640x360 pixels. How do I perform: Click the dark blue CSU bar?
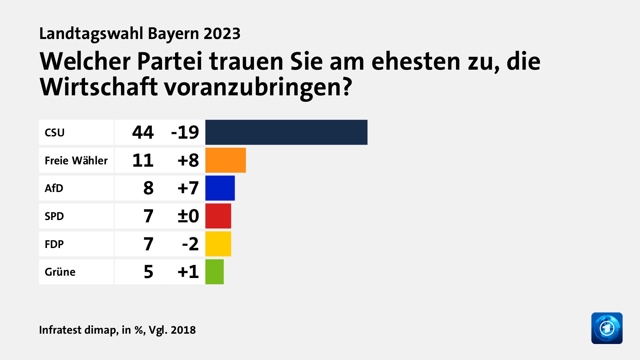(x=286, y=132)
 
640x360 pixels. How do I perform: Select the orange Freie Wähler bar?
(x=225, y=160)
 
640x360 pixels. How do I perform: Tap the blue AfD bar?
(x=220, y=188)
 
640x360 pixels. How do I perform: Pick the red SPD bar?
(x=218, y=216)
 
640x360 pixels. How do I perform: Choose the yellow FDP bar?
(x=218, y=244)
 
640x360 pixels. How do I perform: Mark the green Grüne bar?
(x=214, y=272)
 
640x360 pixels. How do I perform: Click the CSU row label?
(x=55, y=133)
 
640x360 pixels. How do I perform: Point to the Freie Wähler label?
(x=76, y=161)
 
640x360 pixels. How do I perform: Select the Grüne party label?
(x=60, y=272)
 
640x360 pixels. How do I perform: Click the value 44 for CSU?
(x=143, y=132)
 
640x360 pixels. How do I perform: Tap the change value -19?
(x=185, y=132)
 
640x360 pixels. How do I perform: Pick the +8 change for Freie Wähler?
(x=188, y=160)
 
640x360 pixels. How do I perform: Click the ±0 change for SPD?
(x=188, y=216)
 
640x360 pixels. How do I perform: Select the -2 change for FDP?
(x=190, y=244)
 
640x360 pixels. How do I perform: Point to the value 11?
(x=143, y=160)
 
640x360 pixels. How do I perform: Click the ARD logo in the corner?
(x=607, y=328)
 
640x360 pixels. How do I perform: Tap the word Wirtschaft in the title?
(x=98, y=87)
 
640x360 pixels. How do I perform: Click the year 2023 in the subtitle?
(x=222, y=34)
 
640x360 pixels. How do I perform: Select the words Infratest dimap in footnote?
(x=78, y=330)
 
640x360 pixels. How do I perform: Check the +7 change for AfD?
(x=188, y=188)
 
